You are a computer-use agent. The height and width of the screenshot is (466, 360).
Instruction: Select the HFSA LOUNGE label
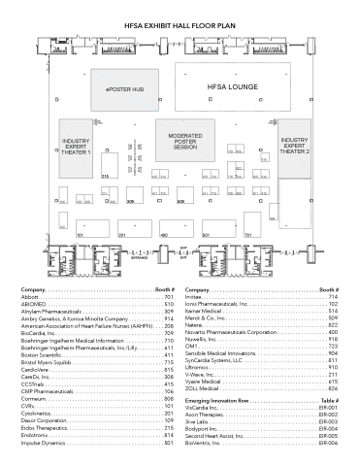pos(231,86)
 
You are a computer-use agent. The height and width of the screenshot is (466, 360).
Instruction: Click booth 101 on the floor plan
pos(80,235)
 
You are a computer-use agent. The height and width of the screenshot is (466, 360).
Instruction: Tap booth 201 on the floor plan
pos(120,235)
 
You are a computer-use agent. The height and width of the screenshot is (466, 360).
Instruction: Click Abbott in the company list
pos(57,297)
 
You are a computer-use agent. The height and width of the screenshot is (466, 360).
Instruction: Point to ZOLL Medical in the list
pos(208,389)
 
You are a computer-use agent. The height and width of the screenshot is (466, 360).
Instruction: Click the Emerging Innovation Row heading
pos(227,400)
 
